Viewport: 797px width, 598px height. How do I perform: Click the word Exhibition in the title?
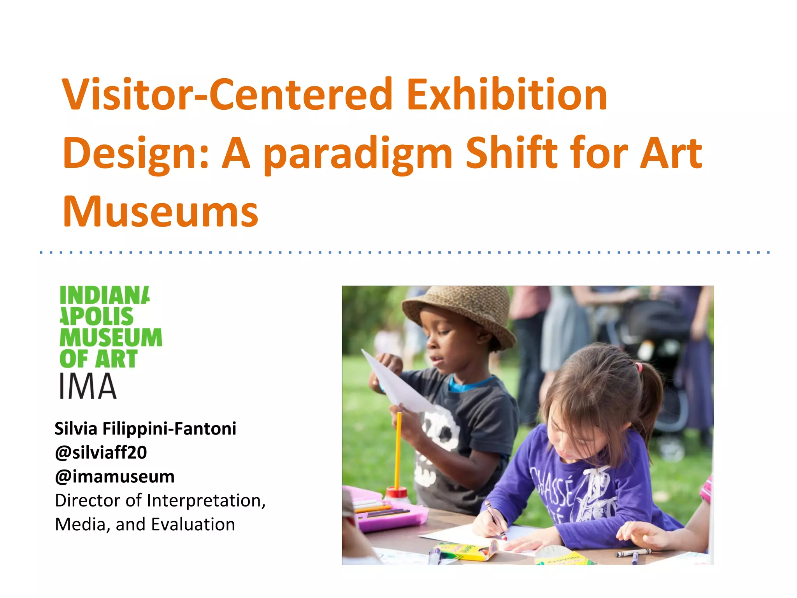[x=507, y=95]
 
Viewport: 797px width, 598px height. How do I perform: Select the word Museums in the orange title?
[x=160, y=212]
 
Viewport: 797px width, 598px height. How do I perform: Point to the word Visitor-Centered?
[x=227, y=95]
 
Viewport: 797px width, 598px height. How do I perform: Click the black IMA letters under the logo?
[x=87, y=386]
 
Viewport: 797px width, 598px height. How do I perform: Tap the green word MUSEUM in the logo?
[x=111, y=337]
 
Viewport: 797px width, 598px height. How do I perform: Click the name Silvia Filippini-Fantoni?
[x=145, y=429]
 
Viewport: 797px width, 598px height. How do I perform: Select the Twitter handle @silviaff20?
[x=101, y=452]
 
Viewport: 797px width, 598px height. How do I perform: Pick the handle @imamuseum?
[x=115, y=477]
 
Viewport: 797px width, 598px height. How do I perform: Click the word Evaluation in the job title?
[x=193, y=524]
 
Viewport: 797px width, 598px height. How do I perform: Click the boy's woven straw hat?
[x=459, y=311]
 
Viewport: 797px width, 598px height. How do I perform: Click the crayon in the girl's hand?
[x=496, y=522]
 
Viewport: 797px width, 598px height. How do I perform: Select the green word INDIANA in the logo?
[x=104, y=295]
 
